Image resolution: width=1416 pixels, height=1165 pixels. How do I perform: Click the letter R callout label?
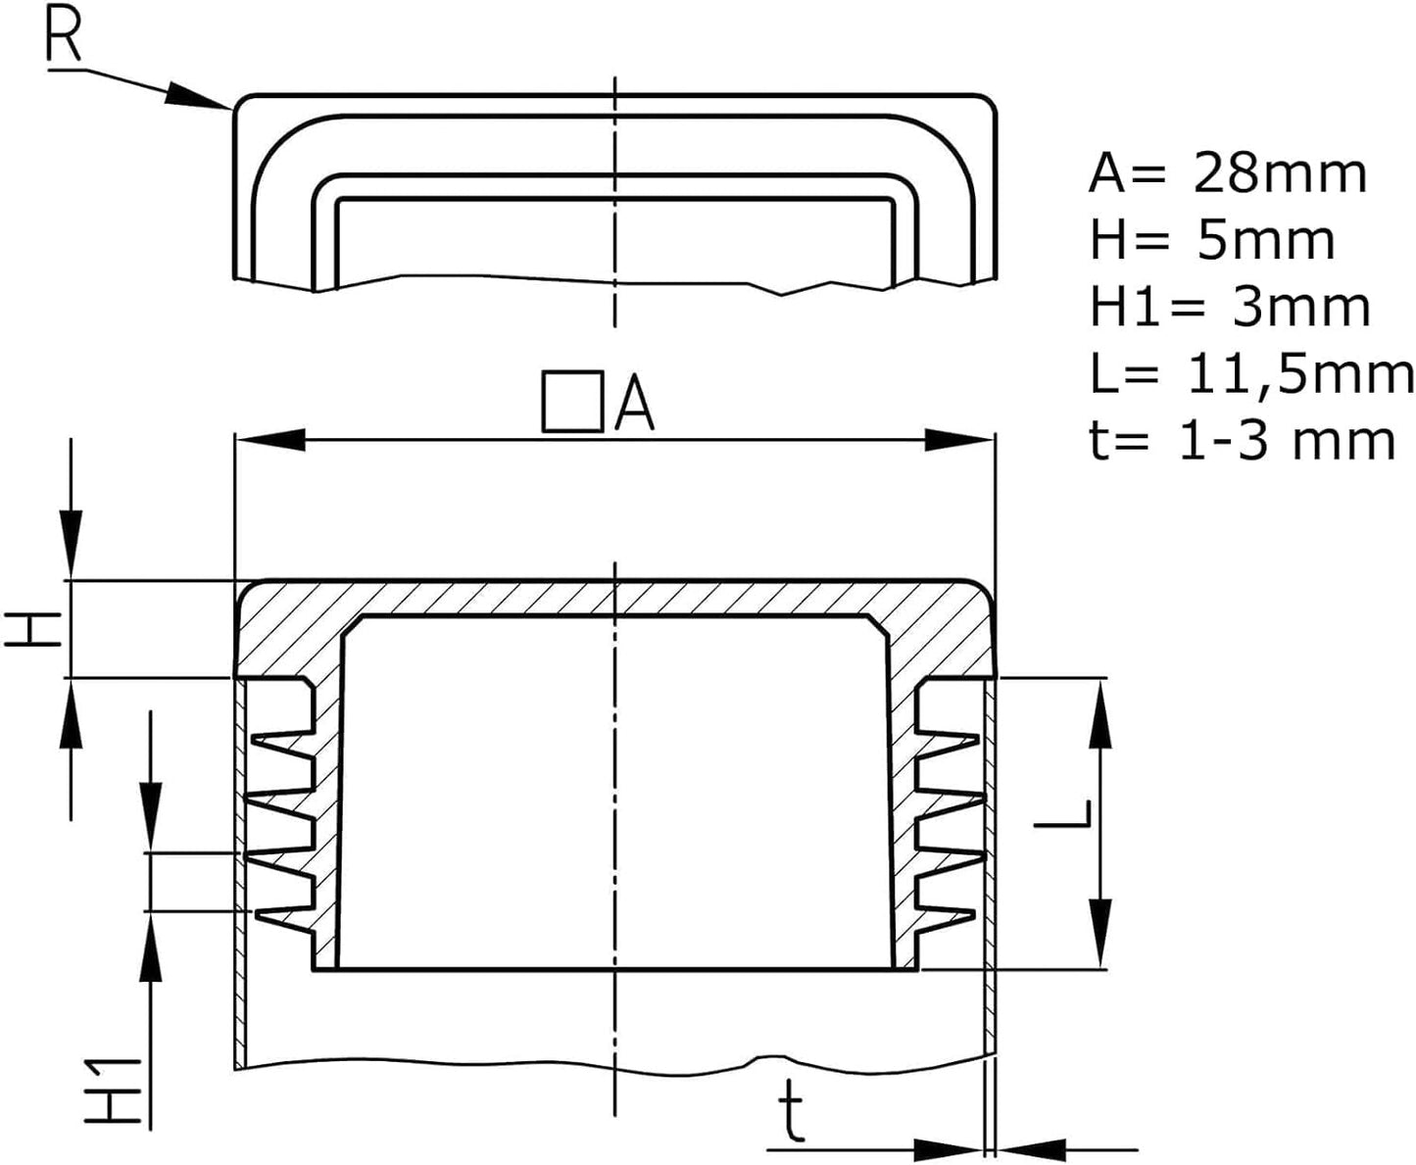click(x=65, y=36)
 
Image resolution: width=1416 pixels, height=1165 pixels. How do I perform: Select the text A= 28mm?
click(x=1227, y=174)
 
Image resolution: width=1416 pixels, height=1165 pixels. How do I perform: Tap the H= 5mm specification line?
click(x=1212, y=241)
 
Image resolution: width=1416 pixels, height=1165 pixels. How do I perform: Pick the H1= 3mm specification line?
click(x=1230, y=307)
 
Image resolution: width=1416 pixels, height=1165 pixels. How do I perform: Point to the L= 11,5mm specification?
click(x=1251, y=373)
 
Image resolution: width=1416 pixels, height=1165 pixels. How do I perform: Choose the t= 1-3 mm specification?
click(x=1242, y=440)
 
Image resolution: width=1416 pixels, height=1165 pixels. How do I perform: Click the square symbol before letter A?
click(x=572, y=402)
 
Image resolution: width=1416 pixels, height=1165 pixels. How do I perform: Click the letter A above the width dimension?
click(x=635, y=404)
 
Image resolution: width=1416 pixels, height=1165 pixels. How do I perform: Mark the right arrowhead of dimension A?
click(x=960, y=440)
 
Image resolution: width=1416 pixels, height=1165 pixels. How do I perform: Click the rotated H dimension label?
click(x=33, y=628)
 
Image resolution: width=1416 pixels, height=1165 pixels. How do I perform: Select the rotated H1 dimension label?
click(x=117, y=1091)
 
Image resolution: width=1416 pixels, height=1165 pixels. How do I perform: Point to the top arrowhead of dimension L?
click(x=1100, y=714)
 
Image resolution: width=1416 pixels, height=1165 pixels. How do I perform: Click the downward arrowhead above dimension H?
click(x=72, y=543)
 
